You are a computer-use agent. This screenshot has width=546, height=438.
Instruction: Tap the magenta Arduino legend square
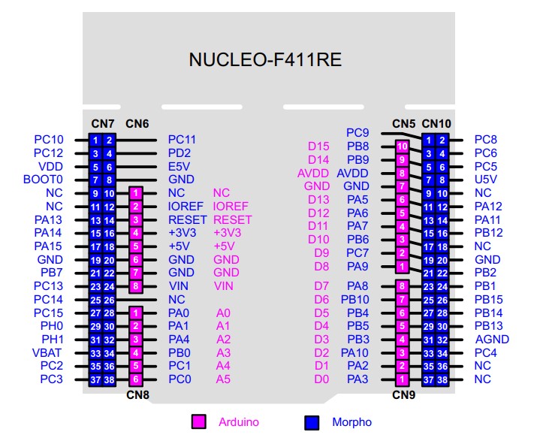click(199, 421)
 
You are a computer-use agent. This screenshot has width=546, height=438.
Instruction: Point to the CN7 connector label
click(102, 123)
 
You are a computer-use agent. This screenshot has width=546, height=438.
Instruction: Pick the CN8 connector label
click(136, 394)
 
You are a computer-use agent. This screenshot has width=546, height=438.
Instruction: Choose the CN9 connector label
click(403, 394)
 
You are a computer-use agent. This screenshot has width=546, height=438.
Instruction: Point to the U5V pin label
click(487, 180)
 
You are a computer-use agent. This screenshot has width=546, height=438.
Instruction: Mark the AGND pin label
click(491, 339)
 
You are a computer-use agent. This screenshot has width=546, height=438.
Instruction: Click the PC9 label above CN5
click(357, 133)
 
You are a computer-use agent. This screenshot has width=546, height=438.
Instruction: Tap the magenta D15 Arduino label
click(319, 146)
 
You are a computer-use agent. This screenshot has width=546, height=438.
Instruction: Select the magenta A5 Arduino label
click(224, 379)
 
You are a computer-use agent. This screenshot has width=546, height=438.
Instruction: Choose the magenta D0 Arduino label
click(321, 379)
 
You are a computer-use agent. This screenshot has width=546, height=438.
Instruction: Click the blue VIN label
click(179, 285)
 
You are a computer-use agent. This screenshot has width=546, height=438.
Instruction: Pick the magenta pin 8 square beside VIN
click(135, 285)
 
